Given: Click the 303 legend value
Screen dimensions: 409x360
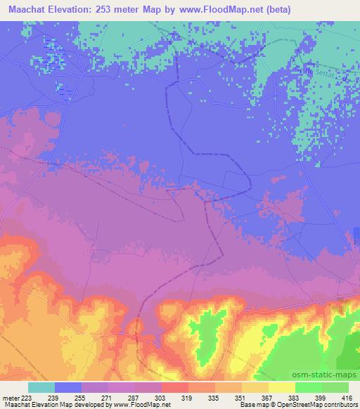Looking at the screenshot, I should coord(162,397).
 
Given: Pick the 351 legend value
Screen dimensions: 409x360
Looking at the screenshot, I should coord(242,397).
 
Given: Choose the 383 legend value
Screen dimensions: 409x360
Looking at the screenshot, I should coord(295,397).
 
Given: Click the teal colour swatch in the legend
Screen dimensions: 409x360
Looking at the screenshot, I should coord(41,387).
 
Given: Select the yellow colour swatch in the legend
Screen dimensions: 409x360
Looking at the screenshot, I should coord(282,387).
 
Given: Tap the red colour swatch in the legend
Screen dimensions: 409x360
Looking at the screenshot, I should coord(175,387).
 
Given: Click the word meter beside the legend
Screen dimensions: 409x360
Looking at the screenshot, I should coord(10,397).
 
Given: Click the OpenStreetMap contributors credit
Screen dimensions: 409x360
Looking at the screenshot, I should coord(320,404).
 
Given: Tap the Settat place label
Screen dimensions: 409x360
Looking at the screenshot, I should coord(325,68).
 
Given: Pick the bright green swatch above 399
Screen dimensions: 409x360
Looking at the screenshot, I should coord(309,387).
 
